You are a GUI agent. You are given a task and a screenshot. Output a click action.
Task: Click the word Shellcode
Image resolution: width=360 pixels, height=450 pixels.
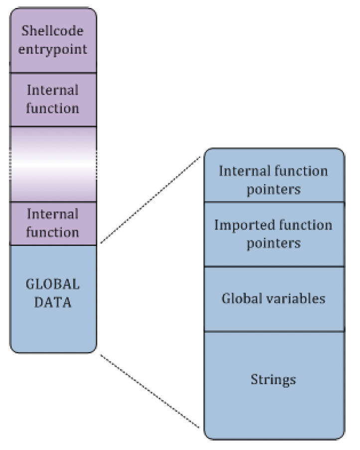[52, 31]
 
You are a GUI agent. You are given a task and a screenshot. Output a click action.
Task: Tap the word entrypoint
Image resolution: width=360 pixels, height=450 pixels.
[52, 50]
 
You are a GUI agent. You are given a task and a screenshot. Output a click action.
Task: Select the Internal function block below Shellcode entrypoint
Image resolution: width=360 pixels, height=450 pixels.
[53, 99]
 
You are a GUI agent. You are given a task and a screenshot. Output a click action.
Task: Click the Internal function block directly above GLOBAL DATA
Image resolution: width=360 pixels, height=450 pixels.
[53, 223]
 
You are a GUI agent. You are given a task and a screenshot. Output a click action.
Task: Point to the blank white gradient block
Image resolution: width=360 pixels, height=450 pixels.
[53, 164]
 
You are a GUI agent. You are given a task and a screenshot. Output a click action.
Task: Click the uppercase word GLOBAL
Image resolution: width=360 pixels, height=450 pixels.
[52, 284]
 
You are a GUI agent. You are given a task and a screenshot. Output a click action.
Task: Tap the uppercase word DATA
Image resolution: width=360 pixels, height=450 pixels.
[52, 302]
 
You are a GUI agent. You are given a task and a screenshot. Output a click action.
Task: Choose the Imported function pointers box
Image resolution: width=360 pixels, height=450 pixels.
[273, 234]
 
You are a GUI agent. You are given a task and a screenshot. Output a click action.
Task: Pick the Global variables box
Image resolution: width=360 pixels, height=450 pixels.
[273, 298]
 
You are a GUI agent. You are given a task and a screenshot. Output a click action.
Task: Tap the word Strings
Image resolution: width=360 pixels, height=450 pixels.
[273, 380]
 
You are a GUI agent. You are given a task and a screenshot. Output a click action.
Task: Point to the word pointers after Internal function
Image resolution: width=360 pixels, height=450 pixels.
[273, 190]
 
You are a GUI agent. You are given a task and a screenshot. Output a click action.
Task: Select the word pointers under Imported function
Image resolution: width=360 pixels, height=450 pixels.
[273, 243]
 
